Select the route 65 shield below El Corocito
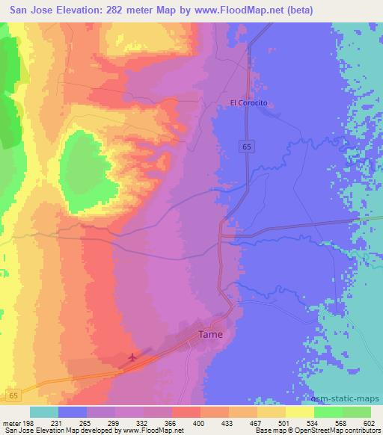[246, 148]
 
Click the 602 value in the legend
[369, 424]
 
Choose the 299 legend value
[114, 424]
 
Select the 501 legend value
[285, 424]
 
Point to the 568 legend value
[342, 424]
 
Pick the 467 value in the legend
[257, 424]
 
